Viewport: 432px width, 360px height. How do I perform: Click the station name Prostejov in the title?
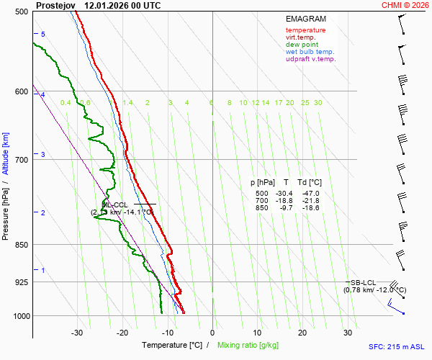[x=55, y=5]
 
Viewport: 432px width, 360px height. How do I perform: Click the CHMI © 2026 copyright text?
[x=405, y=5]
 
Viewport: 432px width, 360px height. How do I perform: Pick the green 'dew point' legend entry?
[x=302, y=45]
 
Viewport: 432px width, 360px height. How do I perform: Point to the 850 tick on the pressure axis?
[x=22, y=246]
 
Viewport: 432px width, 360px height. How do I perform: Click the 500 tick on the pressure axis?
[x=22, y=12]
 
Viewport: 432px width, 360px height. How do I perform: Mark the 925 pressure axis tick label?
[x=22, y=282]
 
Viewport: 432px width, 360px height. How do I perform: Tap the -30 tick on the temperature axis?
[x=77, y=333]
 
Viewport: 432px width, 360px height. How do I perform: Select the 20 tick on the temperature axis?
[x=302, y=333]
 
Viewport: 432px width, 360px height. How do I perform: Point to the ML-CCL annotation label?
[x=115, y=204]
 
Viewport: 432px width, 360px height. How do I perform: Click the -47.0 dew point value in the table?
[x=311, y=194]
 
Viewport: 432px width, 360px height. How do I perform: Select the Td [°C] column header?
[x=310, y=183]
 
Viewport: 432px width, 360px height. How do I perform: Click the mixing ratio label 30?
[x=318, y=103]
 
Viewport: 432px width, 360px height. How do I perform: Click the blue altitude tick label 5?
[x=43, y=35]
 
